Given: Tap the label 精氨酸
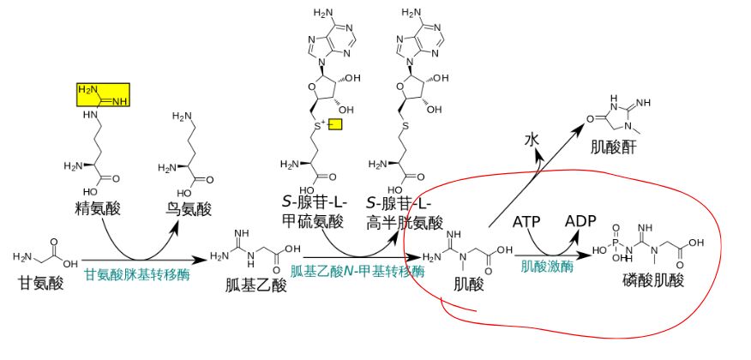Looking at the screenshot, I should tap(95, 208).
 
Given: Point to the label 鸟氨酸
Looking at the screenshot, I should tap(189, 208).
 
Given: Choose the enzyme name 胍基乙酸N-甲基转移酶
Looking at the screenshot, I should tap(357, 272).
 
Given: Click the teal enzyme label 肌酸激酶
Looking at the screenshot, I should tap(547, 266).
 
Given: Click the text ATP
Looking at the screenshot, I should tap(527, 222).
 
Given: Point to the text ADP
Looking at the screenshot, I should tap(580, 221).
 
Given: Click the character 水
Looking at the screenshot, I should tap(532, 138).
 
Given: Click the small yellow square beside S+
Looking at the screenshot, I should tap(334, 125).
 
